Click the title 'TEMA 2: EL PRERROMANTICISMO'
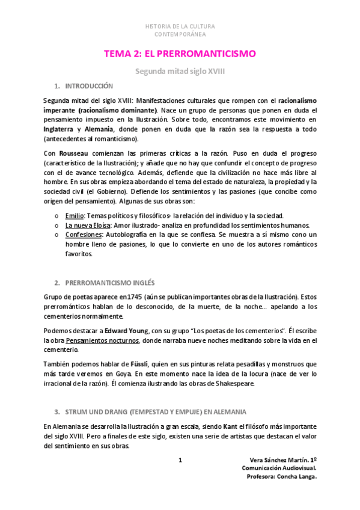180,54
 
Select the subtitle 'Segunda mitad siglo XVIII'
180,71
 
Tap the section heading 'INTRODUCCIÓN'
88,86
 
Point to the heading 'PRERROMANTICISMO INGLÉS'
108,282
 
